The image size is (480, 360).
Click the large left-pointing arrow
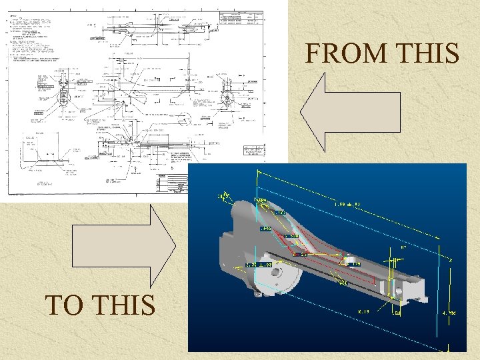pos(349,112)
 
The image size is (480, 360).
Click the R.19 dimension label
pos(364,311)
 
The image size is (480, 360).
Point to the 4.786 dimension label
pos(449,313)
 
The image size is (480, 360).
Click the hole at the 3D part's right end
pos(397,291)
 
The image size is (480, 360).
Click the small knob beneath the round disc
pos(258,291)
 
